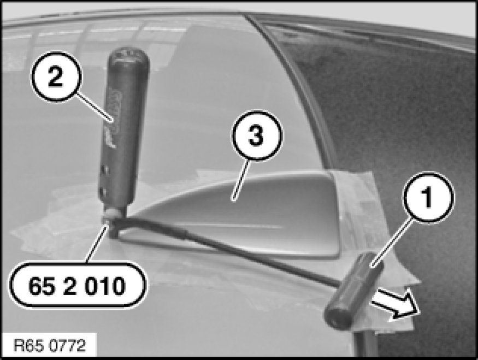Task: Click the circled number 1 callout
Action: (x=428, y=198)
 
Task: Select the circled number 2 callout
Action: (x=56, y=77)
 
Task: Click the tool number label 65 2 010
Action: (x=78, y=285)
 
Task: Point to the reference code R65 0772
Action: (x=49, y=346)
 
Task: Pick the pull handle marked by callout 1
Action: (x=353, y=291)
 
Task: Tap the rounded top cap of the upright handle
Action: (x=128, y=56)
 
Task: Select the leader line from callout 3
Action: (x=241, y=180)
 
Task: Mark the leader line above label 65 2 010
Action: (x=97, y=243)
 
